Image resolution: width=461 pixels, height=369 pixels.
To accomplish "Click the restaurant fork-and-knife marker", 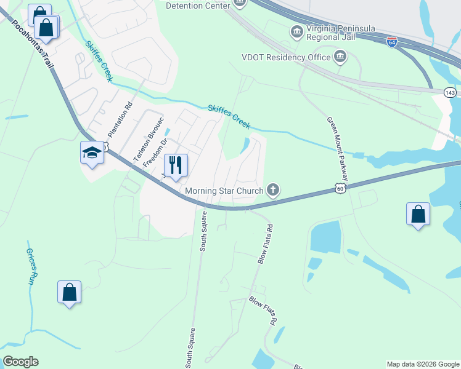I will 176,165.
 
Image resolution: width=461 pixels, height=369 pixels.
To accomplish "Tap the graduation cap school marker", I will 92,152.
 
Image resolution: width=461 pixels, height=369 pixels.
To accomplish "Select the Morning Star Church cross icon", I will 273,190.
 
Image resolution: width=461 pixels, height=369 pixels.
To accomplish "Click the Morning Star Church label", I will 224,191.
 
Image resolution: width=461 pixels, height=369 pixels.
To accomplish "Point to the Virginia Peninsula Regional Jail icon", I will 296,31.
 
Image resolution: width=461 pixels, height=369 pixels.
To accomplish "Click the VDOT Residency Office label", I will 287,57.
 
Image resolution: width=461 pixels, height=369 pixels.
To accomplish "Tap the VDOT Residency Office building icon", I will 340,57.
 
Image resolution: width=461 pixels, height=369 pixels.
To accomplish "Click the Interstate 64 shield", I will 392,42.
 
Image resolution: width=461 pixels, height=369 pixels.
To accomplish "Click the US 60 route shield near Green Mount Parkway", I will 340,189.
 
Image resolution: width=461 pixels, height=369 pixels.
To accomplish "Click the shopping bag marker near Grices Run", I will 70,293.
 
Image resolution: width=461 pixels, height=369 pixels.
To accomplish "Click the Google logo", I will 20,362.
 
